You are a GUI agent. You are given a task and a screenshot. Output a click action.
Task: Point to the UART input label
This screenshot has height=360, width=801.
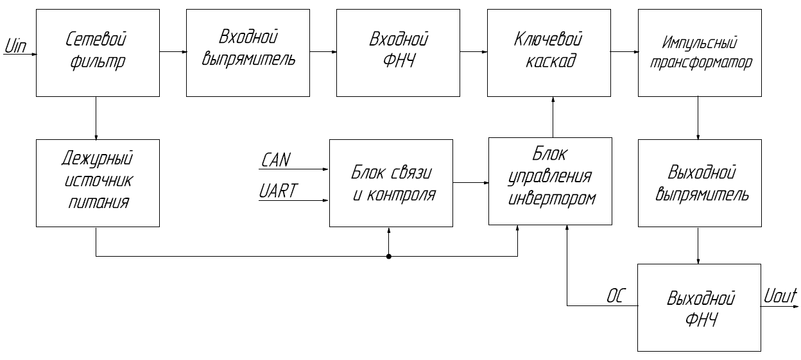[x=277, y=191]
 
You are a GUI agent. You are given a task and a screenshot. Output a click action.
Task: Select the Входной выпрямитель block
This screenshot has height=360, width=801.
[x=247, y=51]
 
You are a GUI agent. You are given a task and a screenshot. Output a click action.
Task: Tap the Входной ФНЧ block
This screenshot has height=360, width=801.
[x=398, y=51]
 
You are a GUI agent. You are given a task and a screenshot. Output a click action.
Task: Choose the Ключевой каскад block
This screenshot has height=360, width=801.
[x=549, y=51]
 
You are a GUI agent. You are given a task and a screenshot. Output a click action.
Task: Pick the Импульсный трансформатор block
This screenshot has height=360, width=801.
[x=699, y=51]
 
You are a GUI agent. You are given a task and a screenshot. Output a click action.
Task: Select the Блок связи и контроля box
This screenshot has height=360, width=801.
[x=391, y=183]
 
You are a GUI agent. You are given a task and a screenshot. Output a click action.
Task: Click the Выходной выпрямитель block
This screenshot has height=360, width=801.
[x=699, y=183]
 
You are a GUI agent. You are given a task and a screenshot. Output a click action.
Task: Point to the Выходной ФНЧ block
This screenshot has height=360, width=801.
[x=699, y=307]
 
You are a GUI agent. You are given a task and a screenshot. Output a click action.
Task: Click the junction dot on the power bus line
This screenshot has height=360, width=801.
[x=389, y=257]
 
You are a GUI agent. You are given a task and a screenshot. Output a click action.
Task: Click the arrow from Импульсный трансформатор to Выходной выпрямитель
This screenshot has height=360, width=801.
[x=699, y=116]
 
